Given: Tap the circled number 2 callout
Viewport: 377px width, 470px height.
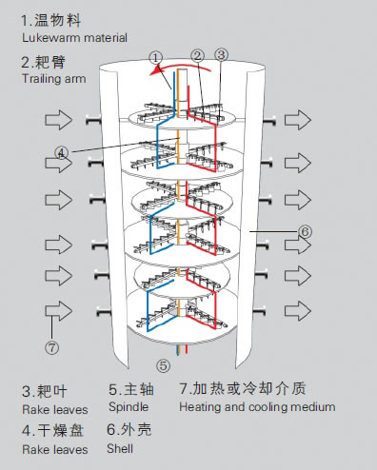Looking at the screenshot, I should pyautogui.click(x=197, y=55).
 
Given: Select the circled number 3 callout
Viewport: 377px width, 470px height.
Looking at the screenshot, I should pyautogui.click(x=221, y=54).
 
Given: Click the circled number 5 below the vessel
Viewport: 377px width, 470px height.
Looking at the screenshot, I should pyautogui.click(x=163, y=364).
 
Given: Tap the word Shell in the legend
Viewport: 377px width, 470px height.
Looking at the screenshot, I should pyautogui.click(x=122, y=448).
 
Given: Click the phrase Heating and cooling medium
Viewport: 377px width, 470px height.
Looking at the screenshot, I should pyautogui.click(x=257, y=406).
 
